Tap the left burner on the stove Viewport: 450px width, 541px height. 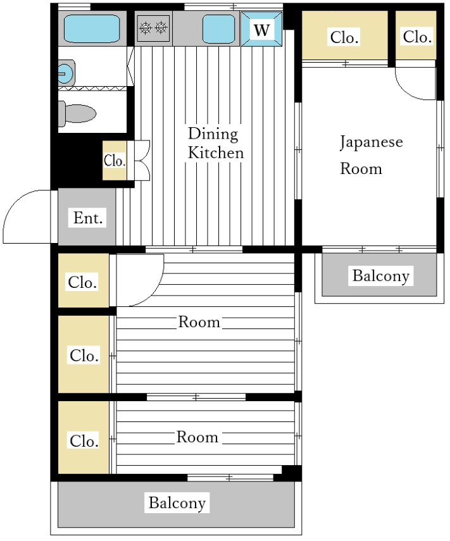(146, 27)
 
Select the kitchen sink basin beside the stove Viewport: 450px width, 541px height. (219, 28)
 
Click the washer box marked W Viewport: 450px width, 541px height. (261, 28)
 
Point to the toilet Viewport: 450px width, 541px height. (78, 114)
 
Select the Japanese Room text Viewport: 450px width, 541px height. (370, 155)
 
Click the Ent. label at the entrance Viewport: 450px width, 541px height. (88, 218)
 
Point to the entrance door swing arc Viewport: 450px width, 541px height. (25, 215)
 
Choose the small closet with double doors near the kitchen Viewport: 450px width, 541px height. (115, 161)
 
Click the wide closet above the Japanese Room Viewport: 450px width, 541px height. (344, 37)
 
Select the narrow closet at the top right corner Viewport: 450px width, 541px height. (416, 37)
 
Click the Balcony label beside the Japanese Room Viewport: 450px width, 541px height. (380, 275)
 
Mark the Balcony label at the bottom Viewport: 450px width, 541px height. (177, 503)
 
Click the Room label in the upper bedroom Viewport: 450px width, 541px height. (199, 322)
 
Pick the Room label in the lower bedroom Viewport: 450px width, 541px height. (197, 437)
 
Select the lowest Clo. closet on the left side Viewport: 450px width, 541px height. (84, 440)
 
